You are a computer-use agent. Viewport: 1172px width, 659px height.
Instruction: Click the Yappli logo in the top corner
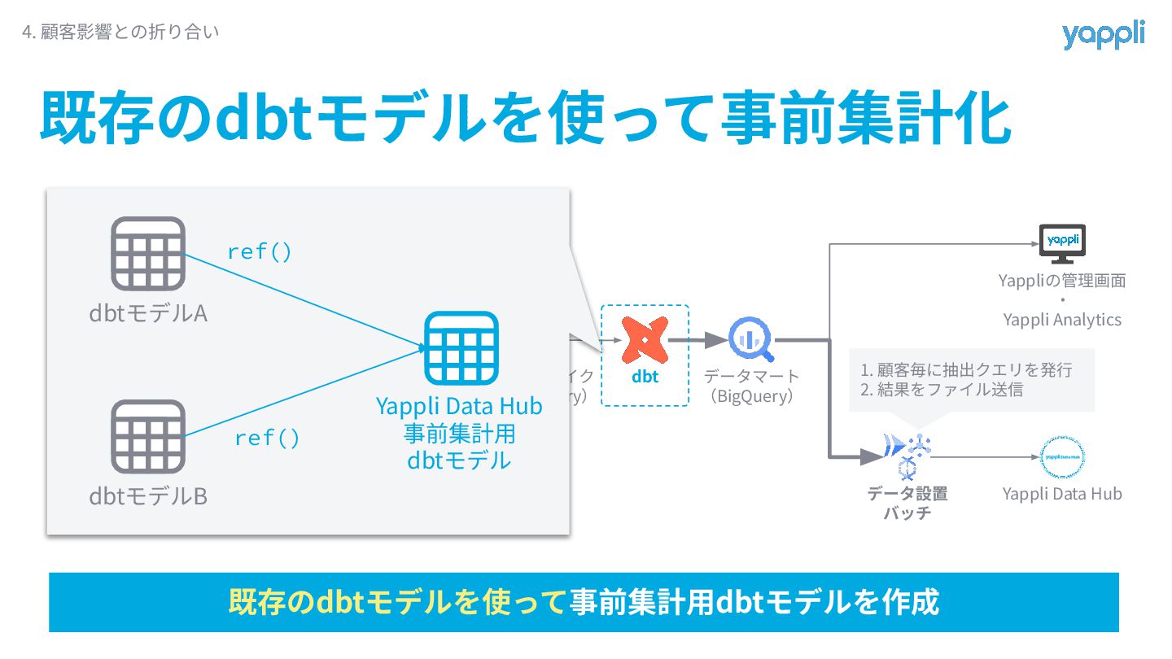pos(1103,35)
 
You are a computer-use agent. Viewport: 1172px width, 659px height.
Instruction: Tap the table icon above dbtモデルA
pos(148,254)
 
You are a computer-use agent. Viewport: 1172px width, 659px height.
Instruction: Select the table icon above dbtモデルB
pos(148,437)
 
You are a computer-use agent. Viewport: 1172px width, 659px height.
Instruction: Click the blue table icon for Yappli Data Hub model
pos(461,348)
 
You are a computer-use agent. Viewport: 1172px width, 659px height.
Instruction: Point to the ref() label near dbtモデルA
pos(260,252)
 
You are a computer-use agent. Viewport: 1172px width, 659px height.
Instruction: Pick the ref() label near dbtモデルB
pos(267,439)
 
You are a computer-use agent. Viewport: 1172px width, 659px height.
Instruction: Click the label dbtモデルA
pos(148,313)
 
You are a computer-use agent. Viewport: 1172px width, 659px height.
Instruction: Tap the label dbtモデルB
pos(148,496)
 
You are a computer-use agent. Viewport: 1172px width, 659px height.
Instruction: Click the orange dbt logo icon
pos(645,340)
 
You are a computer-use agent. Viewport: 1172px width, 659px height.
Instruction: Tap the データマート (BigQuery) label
pos(751,386)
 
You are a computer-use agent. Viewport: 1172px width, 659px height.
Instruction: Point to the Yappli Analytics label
pos(1062,320)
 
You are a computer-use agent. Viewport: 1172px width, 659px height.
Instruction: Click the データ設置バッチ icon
pos(907,456)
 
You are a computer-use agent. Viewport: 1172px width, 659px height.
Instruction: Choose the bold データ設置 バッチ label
pos(907,503)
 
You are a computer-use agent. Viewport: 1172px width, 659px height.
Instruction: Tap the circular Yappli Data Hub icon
pos(1062,457)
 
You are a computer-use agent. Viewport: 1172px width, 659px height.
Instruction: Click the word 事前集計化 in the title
pos(866,119)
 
